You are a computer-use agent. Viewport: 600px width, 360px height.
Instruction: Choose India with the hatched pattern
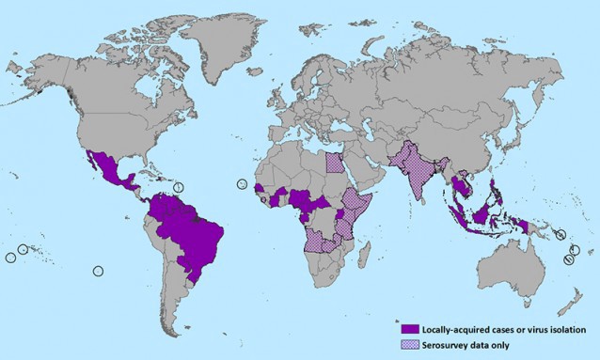tap(414, 179)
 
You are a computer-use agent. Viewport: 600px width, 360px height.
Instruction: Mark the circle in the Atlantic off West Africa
tap(242, 183)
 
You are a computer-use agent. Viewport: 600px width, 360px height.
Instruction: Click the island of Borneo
tap(481, 215)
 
